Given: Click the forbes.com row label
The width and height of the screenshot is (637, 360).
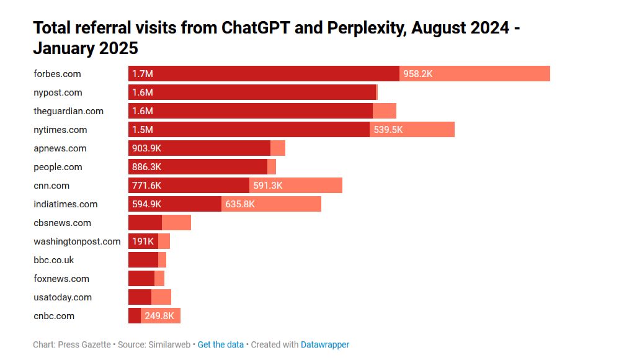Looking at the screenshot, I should (57, 74).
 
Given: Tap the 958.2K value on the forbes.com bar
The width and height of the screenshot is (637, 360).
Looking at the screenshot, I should (417, 74).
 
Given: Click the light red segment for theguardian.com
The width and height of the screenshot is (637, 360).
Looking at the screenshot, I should (385, 111).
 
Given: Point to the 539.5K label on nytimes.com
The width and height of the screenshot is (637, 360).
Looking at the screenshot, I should (388, 130).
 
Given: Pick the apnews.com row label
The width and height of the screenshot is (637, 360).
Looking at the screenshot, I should (60, 148).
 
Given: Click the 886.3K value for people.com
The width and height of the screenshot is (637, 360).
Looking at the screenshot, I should (146, 167).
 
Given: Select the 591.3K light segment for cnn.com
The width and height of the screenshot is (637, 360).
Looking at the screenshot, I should (268, 186).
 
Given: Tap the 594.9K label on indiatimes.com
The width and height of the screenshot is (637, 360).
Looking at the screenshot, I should (146, 204).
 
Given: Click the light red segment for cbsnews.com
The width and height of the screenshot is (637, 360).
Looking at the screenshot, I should (176, 223).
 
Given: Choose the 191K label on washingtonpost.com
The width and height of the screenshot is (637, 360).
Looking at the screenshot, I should (143, 241).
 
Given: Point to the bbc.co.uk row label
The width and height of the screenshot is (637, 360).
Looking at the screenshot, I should (53, 260).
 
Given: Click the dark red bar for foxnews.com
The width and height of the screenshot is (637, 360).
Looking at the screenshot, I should (141, 279).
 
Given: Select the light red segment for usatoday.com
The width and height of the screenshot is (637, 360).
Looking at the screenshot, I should (161, 297).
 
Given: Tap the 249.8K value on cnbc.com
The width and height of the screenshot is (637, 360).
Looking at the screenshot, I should (159, 316).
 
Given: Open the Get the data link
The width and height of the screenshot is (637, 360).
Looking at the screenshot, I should (220, 344).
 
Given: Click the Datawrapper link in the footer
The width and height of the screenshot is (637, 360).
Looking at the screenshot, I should (325, 344).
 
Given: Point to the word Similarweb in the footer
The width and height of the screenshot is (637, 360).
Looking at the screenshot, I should (171, 344).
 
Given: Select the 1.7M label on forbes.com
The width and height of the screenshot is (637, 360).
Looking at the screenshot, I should (142, 74).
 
